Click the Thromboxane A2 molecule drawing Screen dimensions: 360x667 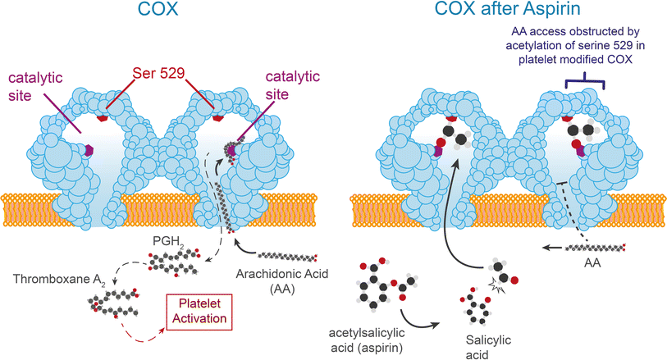point(117,303)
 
